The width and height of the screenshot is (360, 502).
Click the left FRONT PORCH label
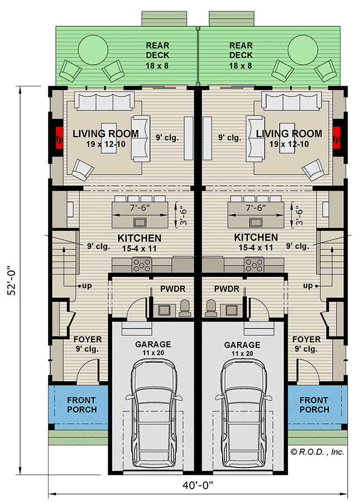coord(81,405)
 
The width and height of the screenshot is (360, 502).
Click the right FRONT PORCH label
coord(314,405)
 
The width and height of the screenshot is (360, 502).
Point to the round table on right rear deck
coord(305,49)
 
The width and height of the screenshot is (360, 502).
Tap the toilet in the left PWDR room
coord(184,308)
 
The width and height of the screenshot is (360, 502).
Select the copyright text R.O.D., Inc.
coord(316,452)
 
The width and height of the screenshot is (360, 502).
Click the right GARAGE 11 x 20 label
coord(242,349)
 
